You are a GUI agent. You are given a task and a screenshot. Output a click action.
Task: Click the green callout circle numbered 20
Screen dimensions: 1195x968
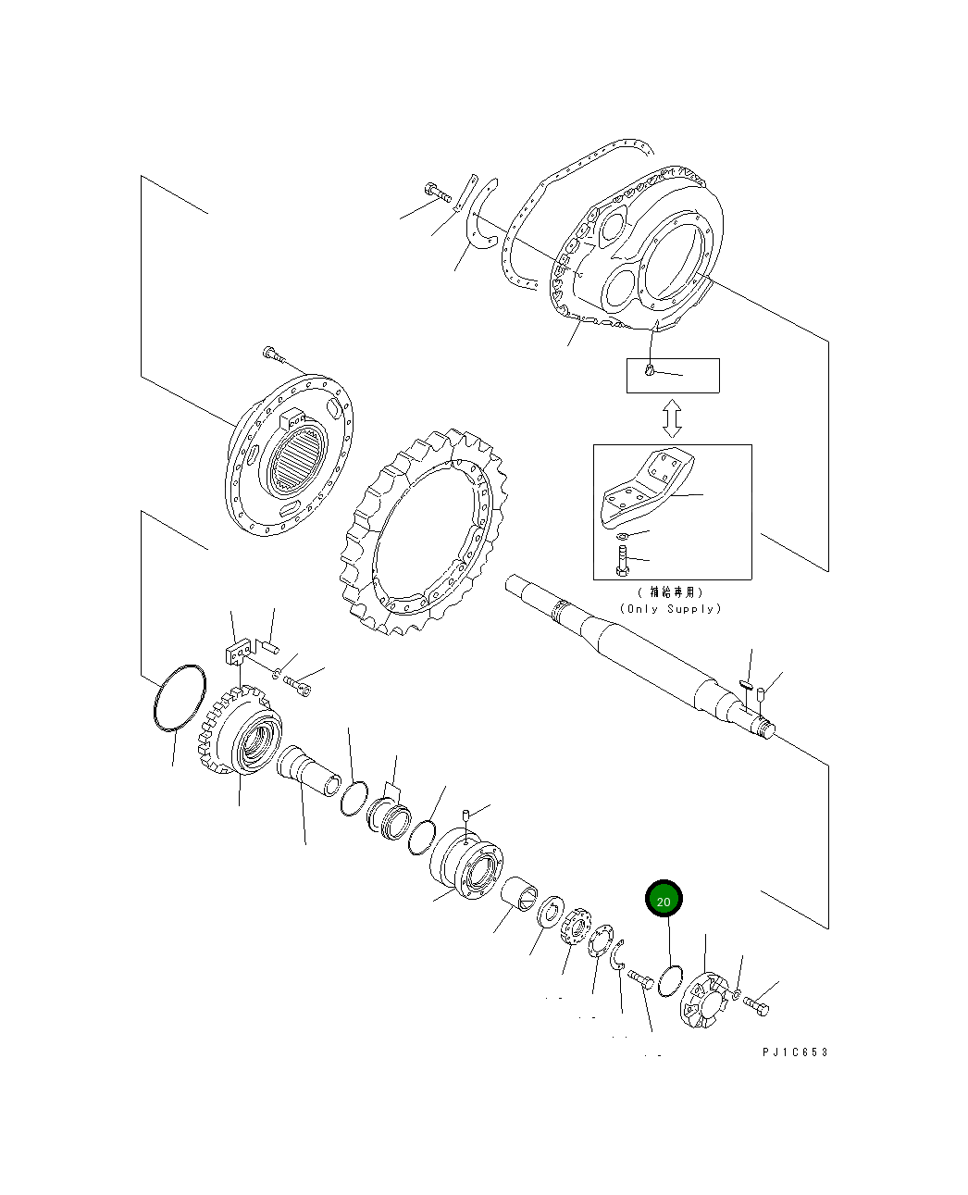coord(664,900)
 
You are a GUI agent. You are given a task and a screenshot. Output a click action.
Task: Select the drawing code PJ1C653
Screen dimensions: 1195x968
coord(795,1052)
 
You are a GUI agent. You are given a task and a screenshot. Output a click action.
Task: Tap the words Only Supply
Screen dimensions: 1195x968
coord(671,608)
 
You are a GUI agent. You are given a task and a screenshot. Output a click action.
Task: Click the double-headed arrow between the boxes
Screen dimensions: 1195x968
coord(673,418)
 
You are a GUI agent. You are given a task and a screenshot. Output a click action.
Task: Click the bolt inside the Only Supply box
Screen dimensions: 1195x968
coord(623,560)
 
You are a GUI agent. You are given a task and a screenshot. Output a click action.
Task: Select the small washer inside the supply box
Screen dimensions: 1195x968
coord(622,536)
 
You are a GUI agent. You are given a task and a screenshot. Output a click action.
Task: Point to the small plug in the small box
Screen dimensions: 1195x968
coord(651,372)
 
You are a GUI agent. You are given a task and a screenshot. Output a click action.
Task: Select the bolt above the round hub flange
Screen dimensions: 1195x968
coord(273,353)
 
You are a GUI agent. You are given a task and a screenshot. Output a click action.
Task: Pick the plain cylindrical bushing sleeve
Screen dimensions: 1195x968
coord(521,893)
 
